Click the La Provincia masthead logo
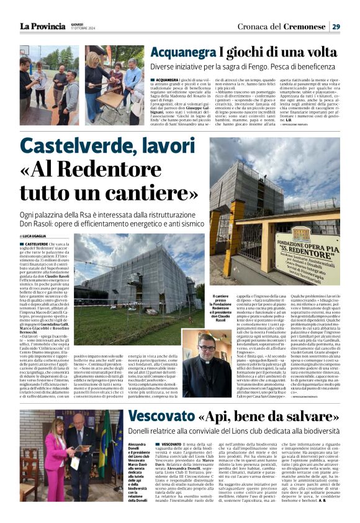click(x=42, y=26)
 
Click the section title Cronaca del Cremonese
click(x=281, y=26)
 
